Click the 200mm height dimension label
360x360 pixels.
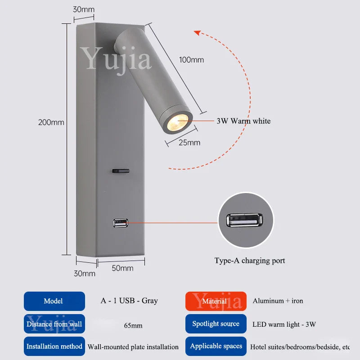click(51, 122)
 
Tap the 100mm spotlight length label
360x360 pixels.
click(191, 60)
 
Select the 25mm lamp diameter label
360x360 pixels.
click(189, 143)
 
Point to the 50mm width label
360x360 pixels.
click(122, 268)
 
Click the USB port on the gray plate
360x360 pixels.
click(121, 222)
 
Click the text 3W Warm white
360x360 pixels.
click(243, 121)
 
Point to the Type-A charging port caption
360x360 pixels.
click(249, 261)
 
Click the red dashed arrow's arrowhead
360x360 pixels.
click(197, 32)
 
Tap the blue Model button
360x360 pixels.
click(54, 301)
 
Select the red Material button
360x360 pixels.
click(216, 301)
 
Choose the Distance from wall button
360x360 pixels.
click(54, 324)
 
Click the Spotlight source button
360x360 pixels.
click(216, 324)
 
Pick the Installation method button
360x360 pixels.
click(54, 346)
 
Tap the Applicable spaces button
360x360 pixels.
click(216, 346)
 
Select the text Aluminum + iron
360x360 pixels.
click(278, 301)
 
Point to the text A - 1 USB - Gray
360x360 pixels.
click(129, 301)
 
